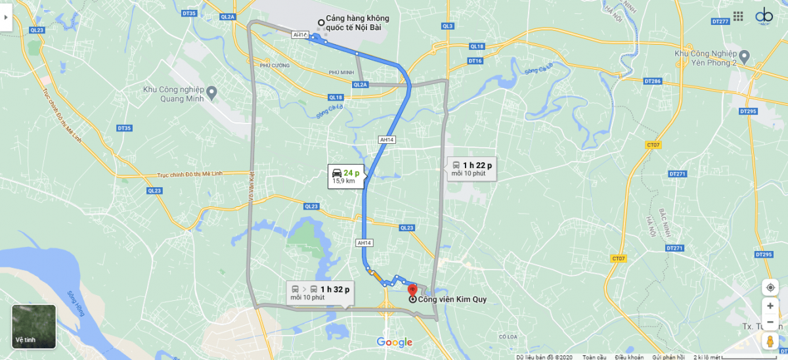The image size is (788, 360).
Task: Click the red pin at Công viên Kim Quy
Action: pyautogui.click(x=412, y=289)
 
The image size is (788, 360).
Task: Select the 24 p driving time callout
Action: pyautogui.click(x=346, y=175)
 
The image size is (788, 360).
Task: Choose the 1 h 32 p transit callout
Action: pyautogui.click(x=321, y=292)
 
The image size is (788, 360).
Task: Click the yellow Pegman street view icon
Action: pyautogui.click(x=770, y=341)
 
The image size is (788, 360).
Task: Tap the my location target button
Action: pyautogui.click(x=770, y=287)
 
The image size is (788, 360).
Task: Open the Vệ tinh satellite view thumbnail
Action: pyautogui.click(x=34, y=326)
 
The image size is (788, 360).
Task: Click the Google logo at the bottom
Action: pyautogui.click(x=394, y=342)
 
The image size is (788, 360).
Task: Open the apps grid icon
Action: pyautogui.click(x=738, y=16)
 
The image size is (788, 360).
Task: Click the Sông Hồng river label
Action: pyautogui.click(x=78, y=304)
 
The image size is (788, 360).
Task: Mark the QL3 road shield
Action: pyautogui.click(x=448, y=26)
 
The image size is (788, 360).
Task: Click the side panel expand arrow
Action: pyautogui.click(x=6, y=17)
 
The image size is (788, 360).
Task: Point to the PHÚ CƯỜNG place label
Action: pyautogui.click(x=274, y=66)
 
